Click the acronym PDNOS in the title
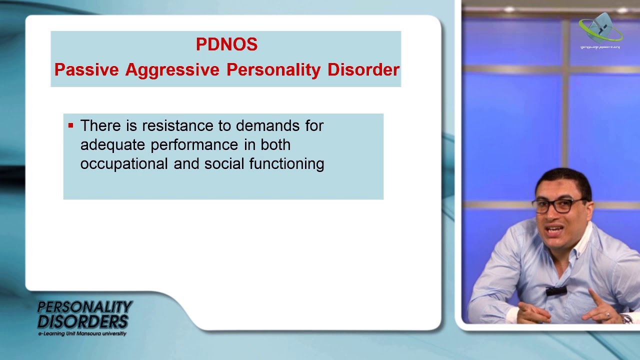226,44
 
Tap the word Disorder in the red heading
363,69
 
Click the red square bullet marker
70,125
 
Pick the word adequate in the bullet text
112,145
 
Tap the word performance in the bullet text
194,145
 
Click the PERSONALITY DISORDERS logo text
84,314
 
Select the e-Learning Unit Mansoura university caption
82,333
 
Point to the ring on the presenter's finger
608,315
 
